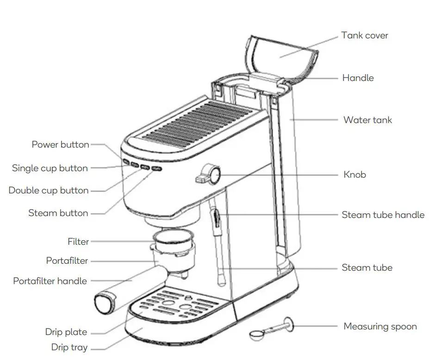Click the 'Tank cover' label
pos(365,36)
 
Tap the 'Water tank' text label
pos(367,120)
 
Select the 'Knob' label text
pos(354,174)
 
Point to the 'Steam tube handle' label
pos(383,215)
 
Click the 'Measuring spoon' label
pos(380,327)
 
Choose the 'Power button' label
pos(60,144)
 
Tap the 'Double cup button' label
pos(49,190)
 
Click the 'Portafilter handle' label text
pos(50,281)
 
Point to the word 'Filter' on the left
pos(78,242)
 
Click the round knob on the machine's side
pos(214,174)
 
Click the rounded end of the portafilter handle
pos(103,302)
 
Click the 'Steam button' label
pos(58,213)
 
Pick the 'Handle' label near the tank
pos(358,78)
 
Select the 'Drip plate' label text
pos(66,332)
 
